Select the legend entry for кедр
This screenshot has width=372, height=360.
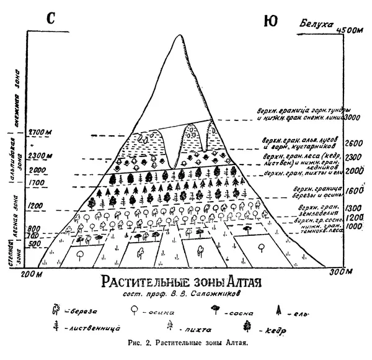point(265,327)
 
